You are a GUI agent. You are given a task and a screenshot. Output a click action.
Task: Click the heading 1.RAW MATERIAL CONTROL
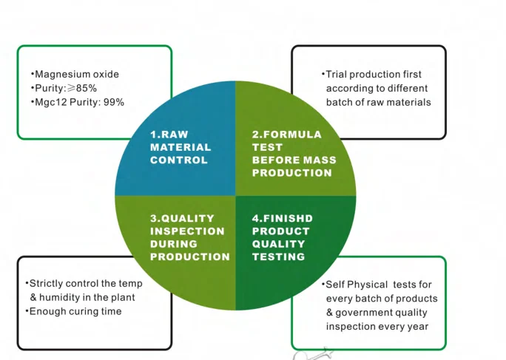[x=180, y=147]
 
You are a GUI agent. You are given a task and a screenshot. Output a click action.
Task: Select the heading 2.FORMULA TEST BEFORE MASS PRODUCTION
[x=294, y=154]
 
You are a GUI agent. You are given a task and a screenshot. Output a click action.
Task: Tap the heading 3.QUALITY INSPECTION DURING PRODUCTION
[x=189, y=237]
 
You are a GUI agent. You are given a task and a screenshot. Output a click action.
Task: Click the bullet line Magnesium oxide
[x=76, y=74]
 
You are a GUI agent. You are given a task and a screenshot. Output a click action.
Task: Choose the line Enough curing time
[x=74, y=311]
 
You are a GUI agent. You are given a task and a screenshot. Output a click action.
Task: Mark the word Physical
[x=373, y=285]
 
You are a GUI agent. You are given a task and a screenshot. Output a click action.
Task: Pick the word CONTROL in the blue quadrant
[x=179, y=160]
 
